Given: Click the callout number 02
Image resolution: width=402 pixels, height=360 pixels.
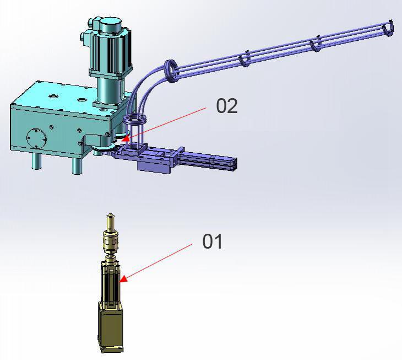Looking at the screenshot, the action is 227,106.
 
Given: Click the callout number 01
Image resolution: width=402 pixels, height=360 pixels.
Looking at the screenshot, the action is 212,241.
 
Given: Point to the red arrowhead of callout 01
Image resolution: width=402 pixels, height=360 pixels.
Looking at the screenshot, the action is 123,279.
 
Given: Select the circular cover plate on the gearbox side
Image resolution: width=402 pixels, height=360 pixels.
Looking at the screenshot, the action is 36,138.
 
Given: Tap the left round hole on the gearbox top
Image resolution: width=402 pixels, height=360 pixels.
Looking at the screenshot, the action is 53,96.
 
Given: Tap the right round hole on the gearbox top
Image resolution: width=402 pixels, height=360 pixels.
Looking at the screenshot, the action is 82,99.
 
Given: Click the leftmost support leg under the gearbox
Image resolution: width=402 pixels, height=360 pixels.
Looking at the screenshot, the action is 36,161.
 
